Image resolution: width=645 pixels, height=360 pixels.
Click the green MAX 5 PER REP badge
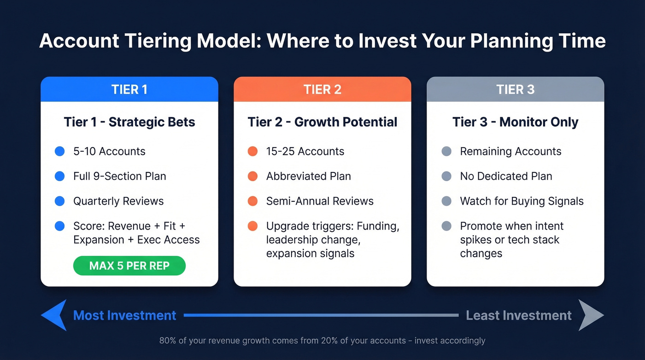click(x=129, y=266)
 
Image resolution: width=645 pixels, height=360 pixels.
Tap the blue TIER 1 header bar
click(x=129, y=89)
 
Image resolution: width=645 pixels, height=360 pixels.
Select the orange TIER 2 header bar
click(x=322, y=89)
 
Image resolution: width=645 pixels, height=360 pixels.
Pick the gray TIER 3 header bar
click(x=515, y=89)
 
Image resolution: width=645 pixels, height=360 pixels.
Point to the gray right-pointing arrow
click(x=591, y=315)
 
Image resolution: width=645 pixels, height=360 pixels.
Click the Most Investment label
click(x=124, y=315)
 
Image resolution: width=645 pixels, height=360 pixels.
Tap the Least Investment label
click(x=518, y=315)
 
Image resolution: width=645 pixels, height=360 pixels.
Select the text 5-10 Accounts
click(x=109, y=151)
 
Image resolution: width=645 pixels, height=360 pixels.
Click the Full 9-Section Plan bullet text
click(x=120, y=176)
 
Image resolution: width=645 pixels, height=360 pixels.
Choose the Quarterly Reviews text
click(x=118, y=201)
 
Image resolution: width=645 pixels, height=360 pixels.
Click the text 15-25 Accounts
click(x=305, y=151)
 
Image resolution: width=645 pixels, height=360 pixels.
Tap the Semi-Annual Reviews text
click(x=320, y=201)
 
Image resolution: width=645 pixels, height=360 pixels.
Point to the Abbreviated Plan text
click(x=308, y=176)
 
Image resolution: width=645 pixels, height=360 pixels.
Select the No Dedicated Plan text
click(x=506, y=176)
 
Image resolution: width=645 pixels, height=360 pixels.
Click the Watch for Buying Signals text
click(x=522, y=201)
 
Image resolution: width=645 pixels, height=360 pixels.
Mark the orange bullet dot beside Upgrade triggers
click(x=252, y=226)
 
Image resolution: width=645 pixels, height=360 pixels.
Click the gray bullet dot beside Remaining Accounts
click(x=446, y=151)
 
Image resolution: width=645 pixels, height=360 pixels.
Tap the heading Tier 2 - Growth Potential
click(x=322, y=122)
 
